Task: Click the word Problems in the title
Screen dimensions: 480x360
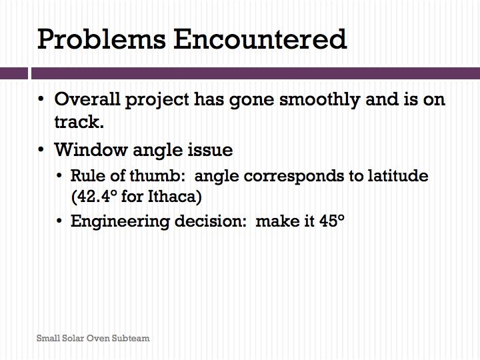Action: [101, 39]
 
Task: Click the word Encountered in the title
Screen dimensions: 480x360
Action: [260, 39]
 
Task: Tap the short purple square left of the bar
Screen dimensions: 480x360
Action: [14, 73]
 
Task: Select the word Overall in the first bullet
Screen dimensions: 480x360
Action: [87, 99]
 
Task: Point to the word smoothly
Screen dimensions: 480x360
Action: [319, 100]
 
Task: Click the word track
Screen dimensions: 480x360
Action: [79, 122]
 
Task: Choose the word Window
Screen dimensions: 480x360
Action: [91, 150]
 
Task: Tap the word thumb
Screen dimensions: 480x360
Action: [157, 175]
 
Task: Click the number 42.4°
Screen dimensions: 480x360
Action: [94, 197]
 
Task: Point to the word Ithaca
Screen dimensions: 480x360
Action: [175, 197]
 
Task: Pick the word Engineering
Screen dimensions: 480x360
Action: [120, 221]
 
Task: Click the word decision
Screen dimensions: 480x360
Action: [210, 221]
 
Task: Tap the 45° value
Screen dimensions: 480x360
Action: [332, 221]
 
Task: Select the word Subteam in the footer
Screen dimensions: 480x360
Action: [131, 338]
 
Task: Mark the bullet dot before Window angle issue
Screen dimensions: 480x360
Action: [41, 150]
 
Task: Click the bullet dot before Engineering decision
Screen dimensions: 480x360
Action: [59, 221]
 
